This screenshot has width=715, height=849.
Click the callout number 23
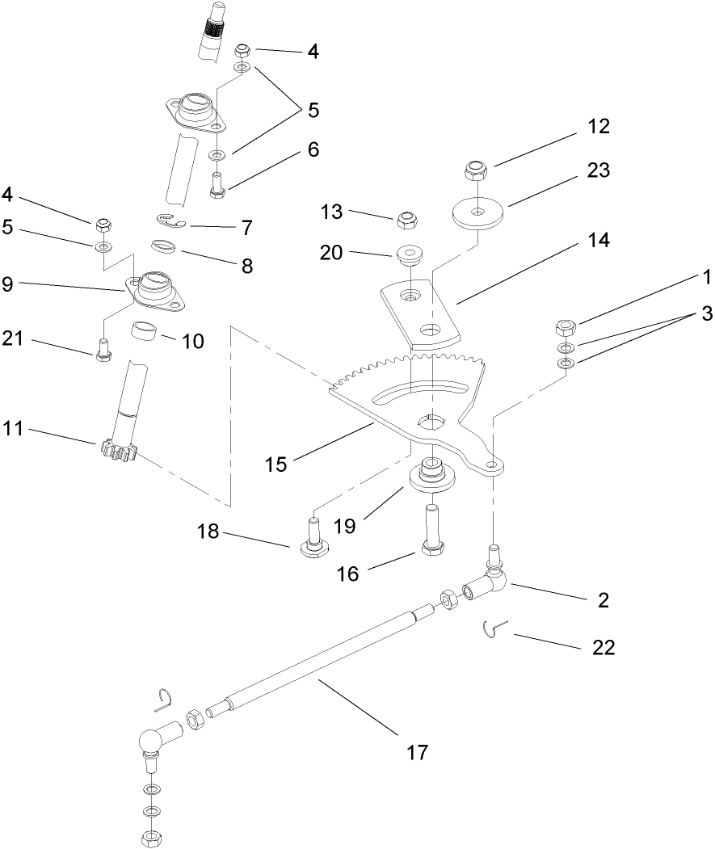pos(599,171)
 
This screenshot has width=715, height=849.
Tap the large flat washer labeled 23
pos(478,212)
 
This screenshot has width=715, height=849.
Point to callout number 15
pos(276,464)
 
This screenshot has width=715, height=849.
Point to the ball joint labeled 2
pos(492,577)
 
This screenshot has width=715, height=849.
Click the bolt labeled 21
pos(103,350)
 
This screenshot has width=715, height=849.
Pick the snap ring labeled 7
pos(171,221)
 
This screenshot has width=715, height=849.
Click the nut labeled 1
pos(565,328)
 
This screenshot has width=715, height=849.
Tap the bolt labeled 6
pos(217,183)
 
